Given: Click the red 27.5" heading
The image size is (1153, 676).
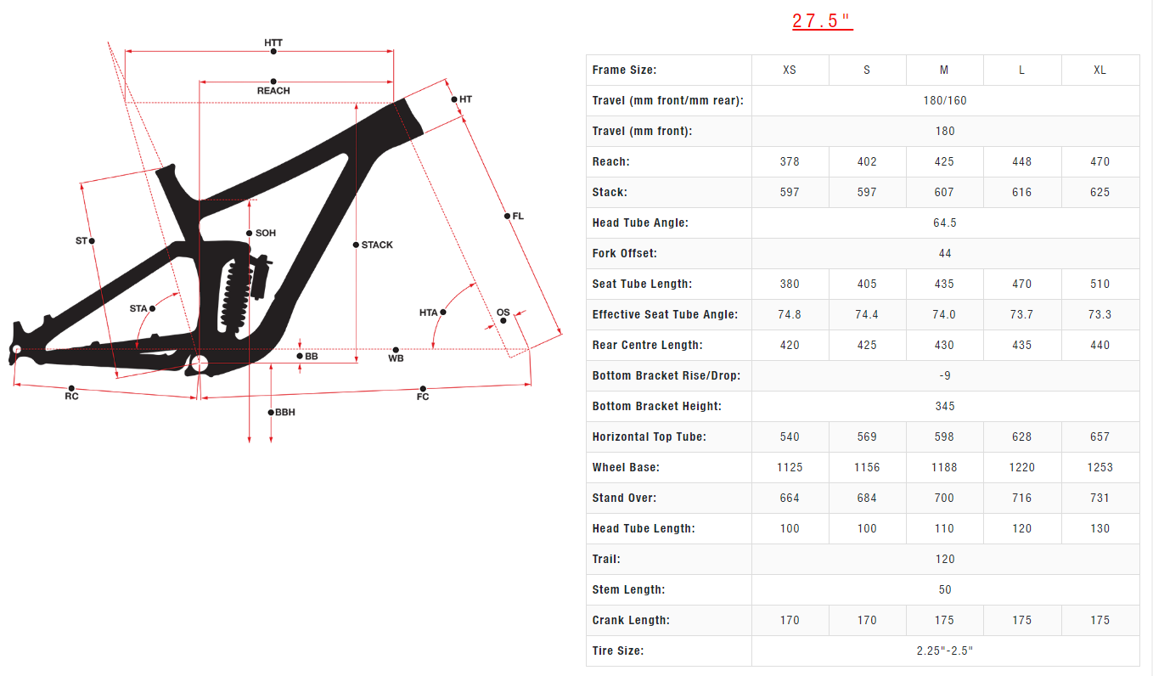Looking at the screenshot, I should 822,21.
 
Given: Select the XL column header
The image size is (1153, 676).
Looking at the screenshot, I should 1100,70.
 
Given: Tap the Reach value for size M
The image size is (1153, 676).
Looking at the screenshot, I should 944,161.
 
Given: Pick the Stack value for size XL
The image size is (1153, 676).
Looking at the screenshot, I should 1100,192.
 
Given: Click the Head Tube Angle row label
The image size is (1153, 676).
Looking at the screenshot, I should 640,223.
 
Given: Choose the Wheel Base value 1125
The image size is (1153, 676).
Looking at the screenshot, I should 790,467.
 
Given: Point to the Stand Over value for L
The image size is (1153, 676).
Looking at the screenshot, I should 1021,498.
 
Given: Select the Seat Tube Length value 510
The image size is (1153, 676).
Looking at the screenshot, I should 1100,284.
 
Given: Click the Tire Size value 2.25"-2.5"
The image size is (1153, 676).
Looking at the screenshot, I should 944,651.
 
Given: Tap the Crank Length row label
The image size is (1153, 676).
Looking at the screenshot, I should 631,620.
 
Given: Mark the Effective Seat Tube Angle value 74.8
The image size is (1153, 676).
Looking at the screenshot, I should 790,314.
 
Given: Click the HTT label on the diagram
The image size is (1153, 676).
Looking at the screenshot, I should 273,42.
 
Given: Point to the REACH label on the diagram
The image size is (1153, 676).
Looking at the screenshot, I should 273,91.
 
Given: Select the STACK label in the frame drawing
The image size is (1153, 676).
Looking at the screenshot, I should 377,245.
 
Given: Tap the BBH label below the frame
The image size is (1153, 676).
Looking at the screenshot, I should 285,413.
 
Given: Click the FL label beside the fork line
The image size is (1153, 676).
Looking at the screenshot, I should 518,217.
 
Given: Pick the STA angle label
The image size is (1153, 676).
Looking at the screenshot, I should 138,308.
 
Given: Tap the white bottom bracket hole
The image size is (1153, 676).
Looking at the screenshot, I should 200,364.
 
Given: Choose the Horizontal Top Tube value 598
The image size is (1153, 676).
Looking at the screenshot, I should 944,437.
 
